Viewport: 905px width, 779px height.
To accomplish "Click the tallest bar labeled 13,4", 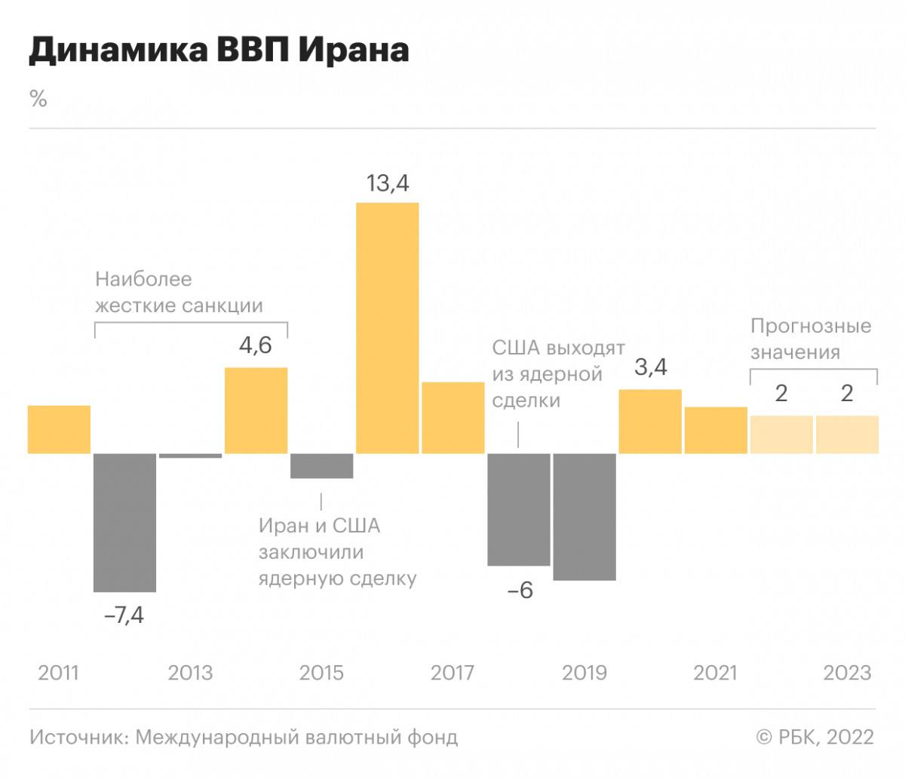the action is pyautogui.click(x=387, y=328).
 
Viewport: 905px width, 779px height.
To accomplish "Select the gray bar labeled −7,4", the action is pyautogui.click(x=124, y=523).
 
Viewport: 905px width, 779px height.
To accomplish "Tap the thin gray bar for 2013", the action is pyautogui.click(x=191, y=455).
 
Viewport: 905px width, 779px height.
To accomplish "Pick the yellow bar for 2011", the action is pyautogui.click(x=59, y=430).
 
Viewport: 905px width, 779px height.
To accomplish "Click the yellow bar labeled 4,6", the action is pyautogui.click(x=256, y=411).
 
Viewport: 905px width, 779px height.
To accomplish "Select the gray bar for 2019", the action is pyautogui.click(x=584, y=517).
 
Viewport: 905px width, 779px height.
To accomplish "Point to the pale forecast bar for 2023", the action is pyautogui.click(x=847, y=434).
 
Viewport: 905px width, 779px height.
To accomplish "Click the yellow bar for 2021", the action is pyautogui.click(x=716, y=431).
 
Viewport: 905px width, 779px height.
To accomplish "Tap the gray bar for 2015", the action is pyautogui.click(x=322, y=466).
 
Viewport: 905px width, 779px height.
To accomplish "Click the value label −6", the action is pyautogui.click(x=520, y=590).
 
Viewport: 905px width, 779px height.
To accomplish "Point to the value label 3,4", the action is pyautogui.click(x=651, y=367).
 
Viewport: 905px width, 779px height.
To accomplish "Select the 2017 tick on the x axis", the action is pyautogui.click(x=452, y=673).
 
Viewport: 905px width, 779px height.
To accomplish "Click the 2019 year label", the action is pyautogui.click(x=584, y=673).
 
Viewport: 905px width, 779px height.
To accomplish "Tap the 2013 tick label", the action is pyautogui.click(x=191, y=673).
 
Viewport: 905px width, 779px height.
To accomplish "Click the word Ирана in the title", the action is pyautogui.click(x=354, y=50).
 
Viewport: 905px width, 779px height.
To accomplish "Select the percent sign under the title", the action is pyautogui.click(x=38, y=99).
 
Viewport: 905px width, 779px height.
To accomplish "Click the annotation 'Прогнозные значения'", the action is pyautogui.click(x=811, y=339).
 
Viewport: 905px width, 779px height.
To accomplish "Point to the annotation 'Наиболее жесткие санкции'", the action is pyautogui.click(x=179, y=292).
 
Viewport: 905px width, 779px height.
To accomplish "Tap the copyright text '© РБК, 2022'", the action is pyautogui.click(x=815, y=737).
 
